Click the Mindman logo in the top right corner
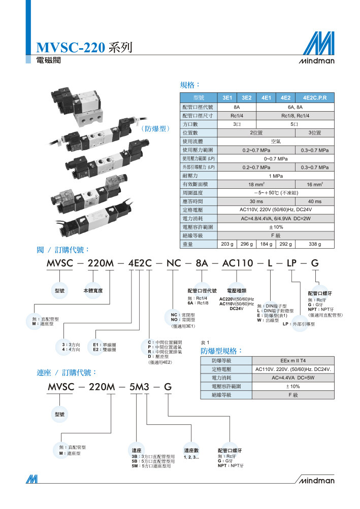[x=317, y=48]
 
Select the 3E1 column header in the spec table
[x=227, y=98]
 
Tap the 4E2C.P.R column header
[x=314, y=98]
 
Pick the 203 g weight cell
[x=227, y=244]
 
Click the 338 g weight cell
[x=314, y=244]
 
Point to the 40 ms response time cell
[x=314, y=201]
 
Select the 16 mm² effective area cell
[x=314, y=184]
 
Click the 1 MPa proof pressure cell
[x=276, y=176]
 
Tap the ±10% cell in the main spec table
[x=276, y=227]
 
